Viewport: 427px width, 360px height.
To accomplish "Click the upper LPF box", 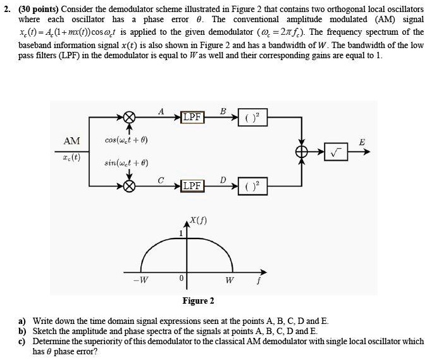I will [192, 118].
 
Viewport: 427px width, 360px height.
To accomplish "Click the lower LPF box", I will [192, 185].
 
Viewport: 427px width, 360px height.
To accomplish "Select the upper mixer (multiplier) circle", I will [129, 118].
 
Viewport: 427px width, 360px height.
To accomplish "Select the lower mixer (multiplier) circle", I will [129, 186].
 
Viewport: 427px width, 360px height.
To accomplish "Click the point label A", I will [161, 111].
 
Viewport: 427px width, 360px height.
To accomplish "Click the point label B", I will [222, 111].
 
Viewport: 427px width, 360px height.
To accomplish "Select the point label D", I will [222, 180].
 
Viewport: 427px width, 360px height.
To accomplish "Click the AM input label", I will [71, 142].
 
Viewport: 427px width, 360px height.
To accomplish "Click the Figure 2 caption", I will [198, 300].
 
